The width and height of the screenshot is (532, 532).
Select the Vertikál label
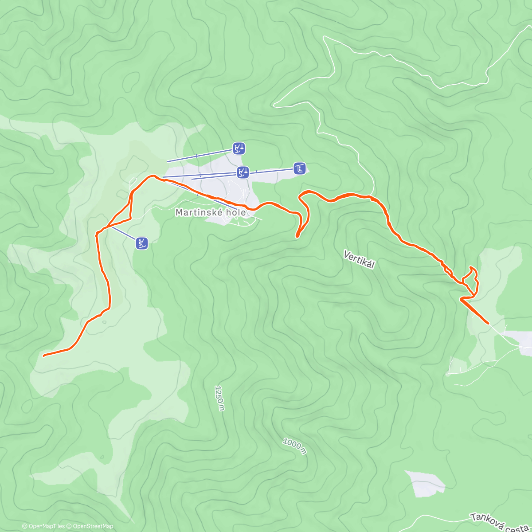(359, 259)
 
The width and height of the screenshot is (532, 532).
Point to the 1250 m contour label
(219, 398)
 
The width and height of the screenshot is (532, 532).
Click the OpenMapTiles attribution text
(43, 526)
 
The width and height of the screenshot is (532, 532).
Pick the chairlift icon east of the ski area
(300, 168)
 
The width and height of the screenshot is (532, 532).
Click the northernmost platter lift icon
(239, 148)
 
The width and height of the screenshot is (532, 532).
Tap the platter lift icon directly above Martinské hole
(243, 172)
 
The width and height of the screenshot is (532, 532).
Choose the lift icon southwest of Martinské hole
(142, 243)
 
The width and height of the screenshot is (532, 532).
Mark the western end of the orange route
(44, 355)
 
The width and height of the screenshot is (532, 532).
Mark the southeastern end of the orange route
(488, 324)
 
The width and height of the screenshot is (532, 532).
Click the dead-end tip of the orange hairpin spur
(297, 236)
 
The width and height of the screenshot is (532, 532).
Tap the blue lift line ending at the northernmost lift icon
(199, 156)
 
